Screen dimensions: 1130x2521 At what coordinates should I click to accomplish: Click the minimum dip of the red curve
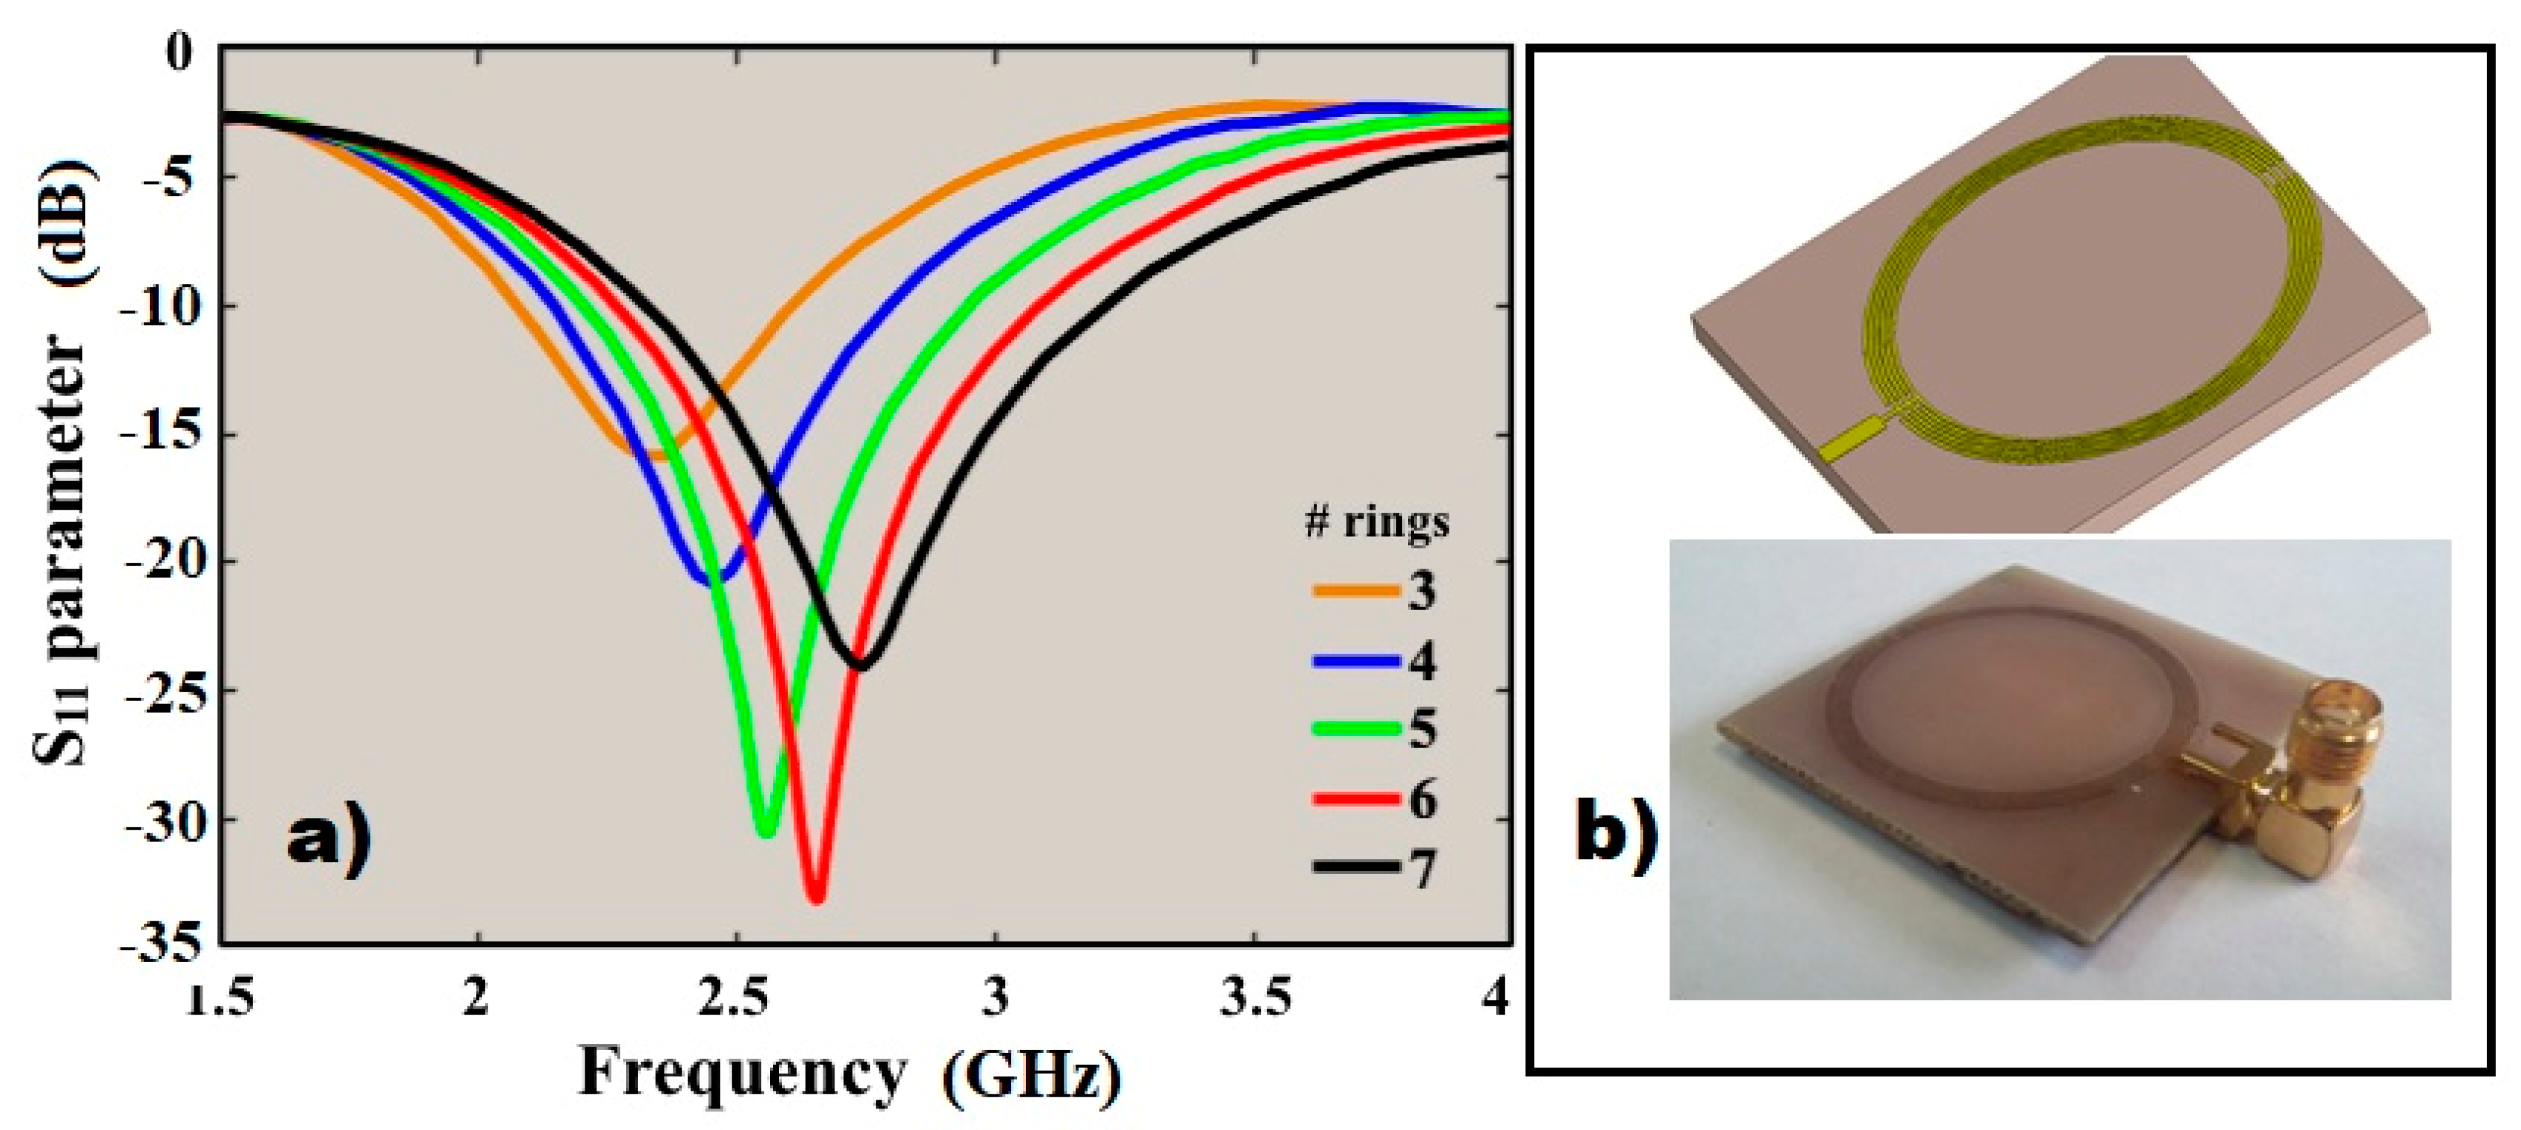[x=815, y=897]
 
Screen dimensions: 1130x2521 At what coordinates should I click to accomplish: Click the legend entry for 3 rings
[x=1374, y=590]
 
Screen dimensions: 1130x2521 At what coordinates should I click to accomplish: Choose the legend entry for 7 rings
[x=1374, y=867]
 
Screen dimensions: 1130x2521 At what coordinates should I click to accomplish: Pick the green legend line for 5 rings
[x=1355, y=728]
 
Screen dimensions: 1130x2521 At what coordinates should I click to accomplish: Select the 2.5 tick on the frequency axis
[x=736, y=998]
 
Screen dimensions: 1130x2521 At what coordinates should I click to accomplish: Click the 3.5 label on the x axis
[x=1255, y=998]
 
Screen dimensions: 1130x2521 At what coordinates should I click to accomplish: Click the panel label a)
[x=329, y=840]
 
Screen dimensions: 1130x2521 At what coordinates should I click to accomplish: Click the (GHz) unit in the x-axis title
[x=1032, y=1077]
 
